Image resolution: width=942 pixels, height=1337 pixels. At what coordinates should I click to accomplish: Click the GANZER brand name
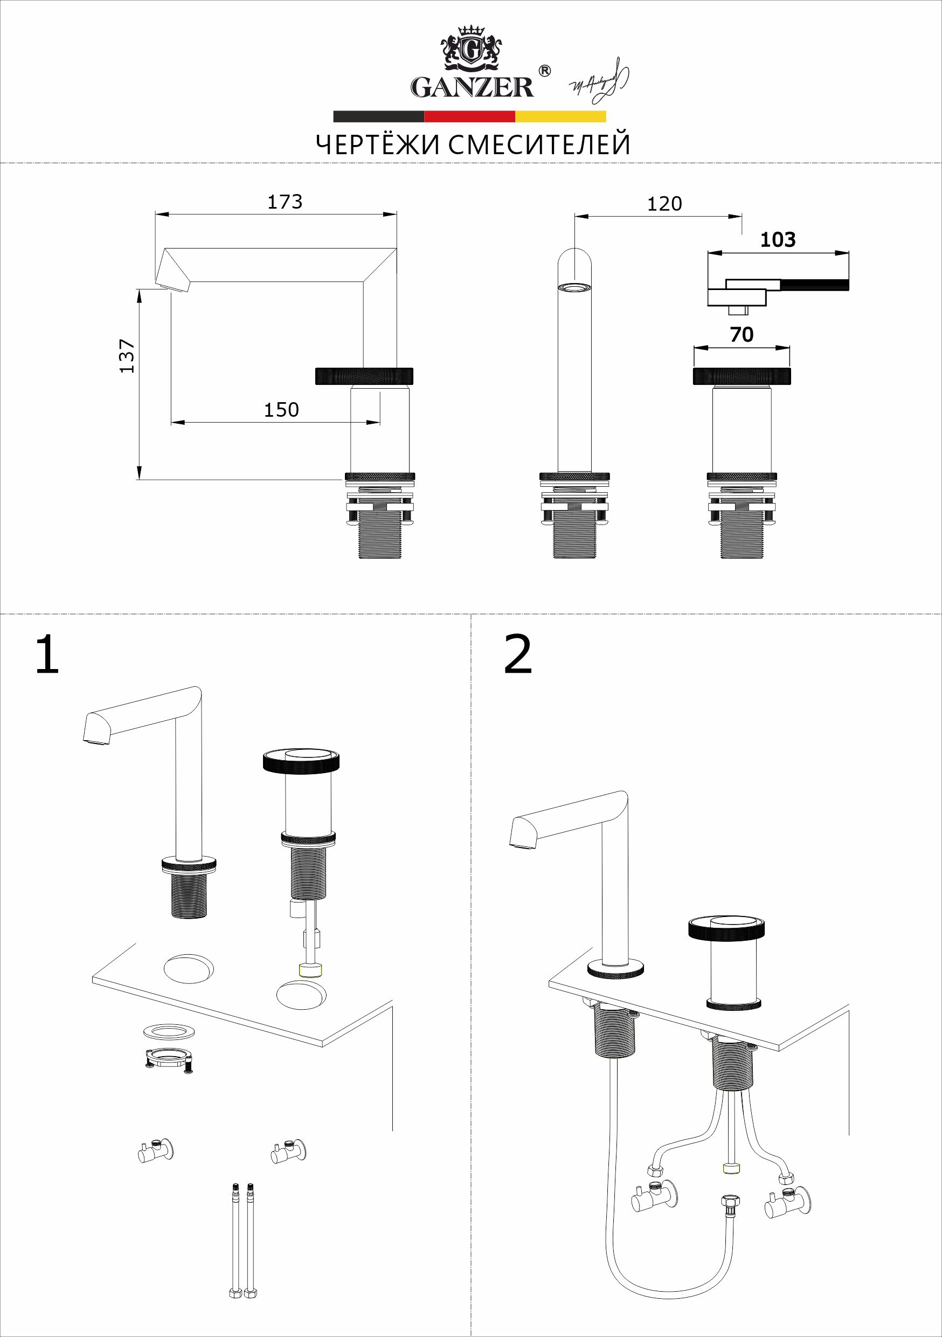472,87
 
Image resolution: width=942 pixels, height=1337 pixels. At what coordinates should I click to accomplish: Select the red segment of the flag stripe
469,116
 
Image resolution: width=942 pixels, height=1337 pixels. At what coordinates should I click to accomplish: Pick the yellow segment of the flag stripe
560,116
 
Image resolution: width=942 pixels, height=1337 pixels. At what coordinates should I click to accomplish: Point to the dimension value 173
285,202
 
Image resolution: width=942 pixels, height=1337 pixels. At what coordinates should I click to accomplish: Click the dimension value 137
127,356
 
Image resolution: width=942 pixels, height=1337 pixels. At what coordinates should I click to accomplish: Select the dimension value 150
281,410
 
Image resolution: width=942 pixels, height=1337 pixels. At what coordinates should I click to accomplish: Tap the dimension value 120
664,204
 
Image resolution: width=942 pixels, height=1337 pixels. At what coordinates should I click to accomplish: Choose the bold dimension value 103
778,239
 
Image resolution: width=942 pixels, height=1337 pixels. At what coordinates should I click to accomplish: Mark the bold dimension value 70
741,334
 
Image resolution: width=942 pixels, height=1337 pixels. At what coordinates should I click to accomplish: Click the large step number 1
48,654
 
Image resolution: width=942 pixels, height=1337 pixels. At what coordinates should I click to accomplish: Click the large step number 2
517,654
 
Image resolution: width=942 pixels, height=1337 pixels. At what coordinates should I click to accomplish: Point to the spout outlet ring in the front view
574,287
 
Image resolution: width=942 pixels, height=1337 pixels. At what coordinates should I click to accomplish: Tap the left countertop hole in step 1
189,969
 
